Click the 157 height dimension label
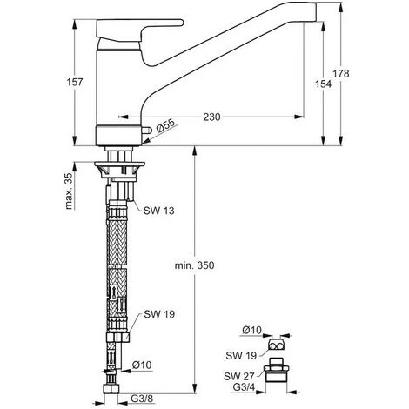pyautogui.click(x=75, y=82)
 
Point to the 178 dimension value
pyautogui.click(x=341, y=74)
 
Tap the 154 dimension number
pyautogui.click(x=323, y=84)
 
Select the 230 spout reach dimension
pyautogui.click(x=211, y=117)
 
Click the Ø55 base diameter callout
pyautogui.click(x=166, y=126)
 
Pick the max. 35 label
pyautogui.click(x=69, y=191)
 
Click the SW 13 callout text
pyautogui.click(x=159, y=211)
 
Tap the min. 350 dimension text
pyautogui.click(x=194, y=265)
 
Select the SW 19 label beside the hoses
pyautogui.click(x=159, y=314)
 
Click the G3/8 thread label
pyautogui.click(x=142, y=399)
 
